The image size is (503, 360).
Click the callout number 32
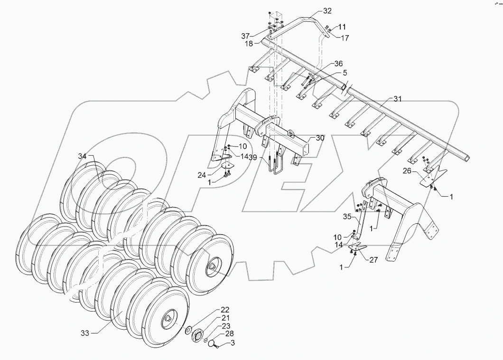328,10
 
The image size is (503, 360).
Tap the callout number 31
397,99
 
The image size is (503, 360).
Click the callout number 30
320,138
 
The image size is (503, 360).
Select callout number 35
346,217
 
